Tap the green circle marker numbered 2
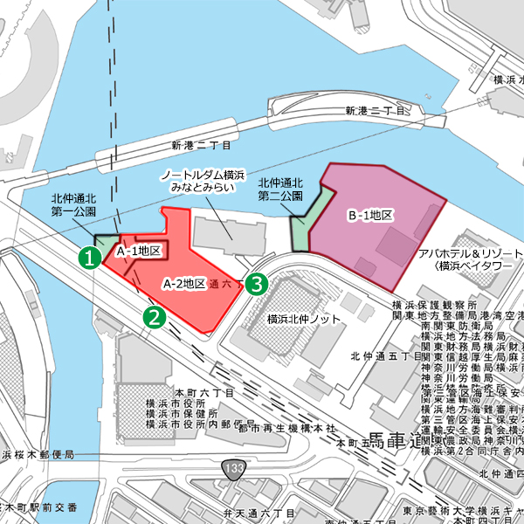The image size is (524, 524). tap(155, 316)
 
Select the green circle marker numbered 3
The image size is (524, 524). tap(256, 283)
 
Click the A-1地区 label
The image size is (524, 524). tap(140, 252)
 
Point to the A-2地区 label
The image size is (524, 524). tap(184, 284)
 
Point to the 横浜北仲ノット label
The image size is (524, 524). tap(304, 319)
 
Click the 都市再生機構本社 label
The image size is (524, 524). tap(281, 428)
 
